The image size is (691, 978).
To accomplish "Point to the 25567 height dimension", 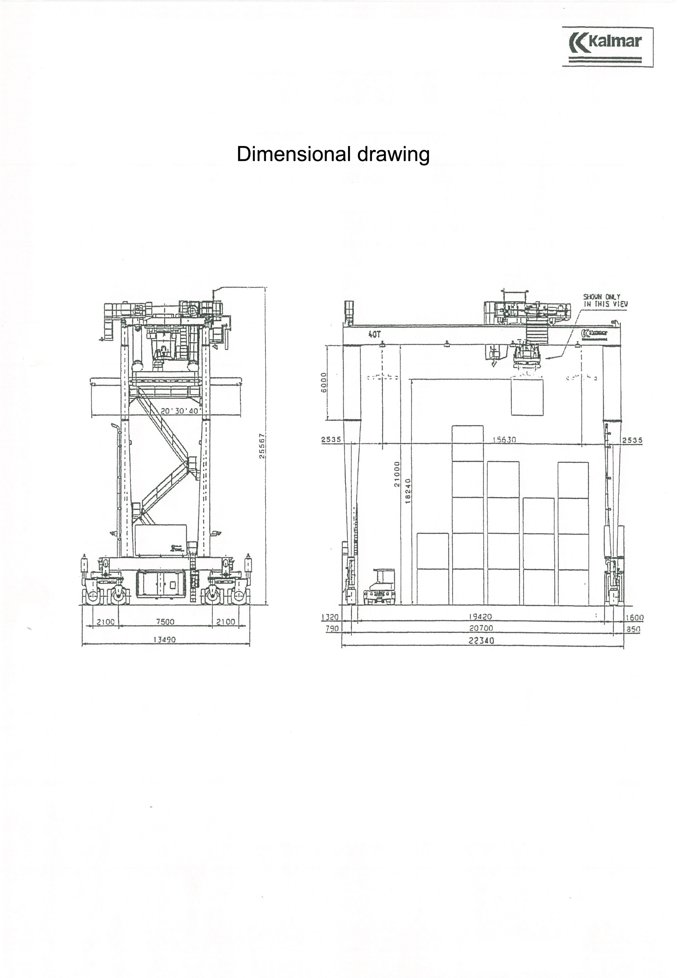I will (x=262, y=445).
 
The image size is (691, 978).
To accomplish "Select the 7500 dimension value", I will (x=165, y=622).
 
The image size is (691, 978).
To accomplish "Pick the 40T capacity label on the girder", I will (x=374, y=335).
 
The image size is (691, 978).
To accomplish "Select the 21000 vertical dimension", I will (x=397, y=474).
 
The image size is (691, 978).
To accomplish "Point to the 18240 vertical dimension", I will (x=408, y=491).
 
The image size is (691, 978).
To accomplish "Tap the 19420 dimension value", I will (x=480, y=617).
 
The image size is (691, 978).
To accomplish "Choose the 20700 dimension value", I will (x=481, y=628).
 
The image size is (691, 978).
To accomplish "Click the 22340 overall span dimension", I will (x=481, y=641).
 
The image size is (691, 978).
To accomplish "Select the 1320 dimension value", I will (x=330, y=617).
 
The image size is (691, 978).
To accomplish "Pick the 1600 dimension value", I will (x=634, y=618).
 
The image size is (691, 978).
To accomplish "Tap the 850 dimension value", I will (x=634, y=629).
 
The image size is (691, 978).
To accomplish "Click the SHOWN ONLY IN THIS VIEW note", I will (x=605, y=300).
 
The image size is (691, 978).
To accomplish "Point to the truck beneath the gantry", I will (x=380, y=588).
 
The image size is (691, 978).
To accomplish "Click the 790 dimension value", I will (x=332, y=629).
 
